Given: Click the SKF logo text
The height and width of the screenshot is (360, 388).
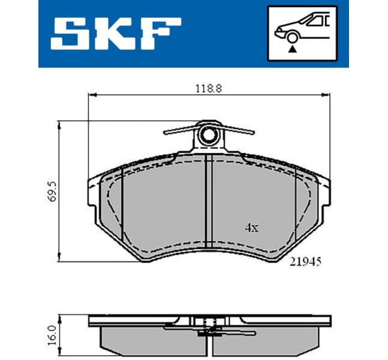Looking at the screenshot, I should [x=116, y=33].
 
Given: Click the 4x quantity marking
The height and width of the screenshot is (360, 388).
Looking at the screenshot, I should [x=251, y=228].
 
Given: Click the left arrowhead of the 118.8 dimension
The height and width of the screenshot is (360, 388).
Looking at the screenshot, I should [x=91, y=94].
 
